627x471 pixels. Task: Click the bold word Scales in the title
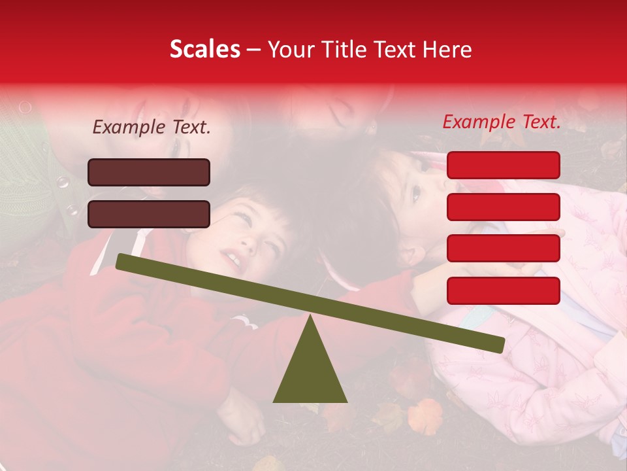(204, 49)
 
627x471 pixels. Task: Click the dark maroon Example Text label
(152, 128)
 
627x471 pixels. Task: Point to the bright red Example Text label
(502, 122)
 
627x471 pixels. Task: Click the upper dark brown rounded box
(149, 172)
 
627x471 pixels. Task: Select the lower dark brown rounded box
(149, 214)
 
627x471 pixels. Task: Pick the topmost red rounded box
(504, 165)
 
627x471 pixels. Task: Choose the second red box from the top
(504, 207)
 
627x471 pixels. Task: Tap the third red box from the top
(504, 249)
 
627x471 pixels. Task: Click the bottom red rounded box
(504, 290)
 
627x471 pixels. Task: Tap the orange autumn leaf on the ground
(425, 416)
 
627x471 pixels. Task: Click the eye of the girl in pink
(416, 192)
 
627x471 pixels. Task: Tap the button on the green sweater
(63, 182)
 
